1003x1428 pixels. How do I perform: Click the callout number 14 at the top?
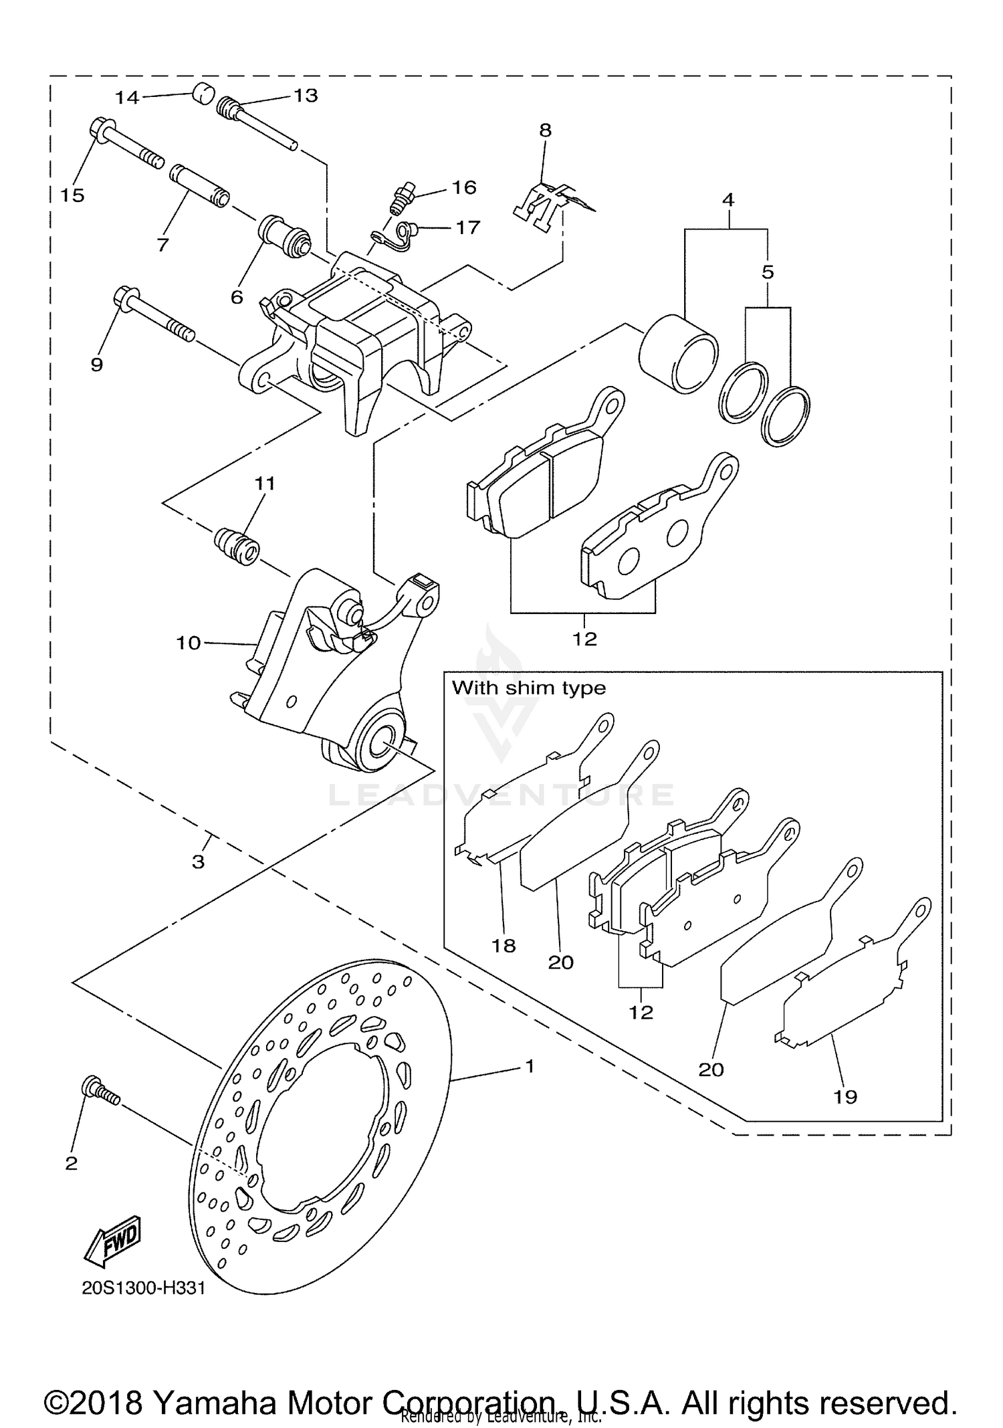[x=126, y=98]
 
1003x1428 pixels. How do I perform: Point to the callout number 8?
[x=546, y=130]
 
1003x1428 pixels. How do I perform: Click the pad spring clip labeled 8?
[x=544, y=201]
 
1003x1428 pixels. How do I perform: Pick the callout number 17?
[x=467, y=227]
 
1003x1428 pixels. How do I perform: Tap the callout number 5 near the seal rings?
[x=768, y=272]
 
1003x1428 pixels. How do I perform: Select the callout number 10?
[x=188, y=643]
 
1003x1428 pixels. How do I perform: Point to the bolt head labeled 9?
[x=125, y=296]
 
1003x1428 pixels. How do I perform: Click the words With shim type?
[x=528, y=688]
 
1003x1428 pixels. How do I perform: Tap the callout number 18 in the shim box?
[x=504, y=945]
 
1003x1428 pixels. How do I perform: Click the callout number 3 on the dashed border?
[x=198, y=861]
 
